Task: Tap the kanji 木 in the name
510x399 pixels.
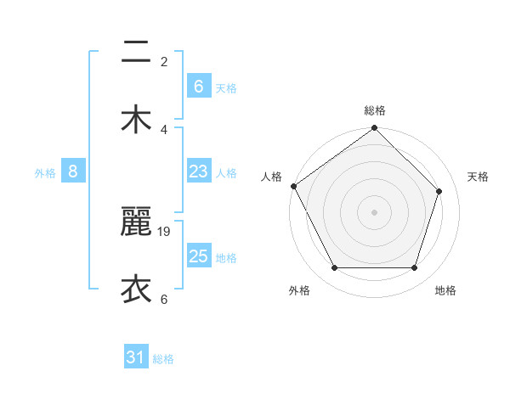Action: (x=136, y=120)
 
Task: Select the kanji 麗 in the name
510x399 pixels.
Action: (x=136, y=223)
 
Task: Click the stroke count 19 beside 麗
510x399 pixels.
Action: (x=166, y=231)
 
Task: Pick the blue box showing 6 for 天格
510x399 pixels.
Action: (x=198, y=87)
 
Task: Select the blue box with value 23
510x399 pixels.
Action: (x=198, y=171)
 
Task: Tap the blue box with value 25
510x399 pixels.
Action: (x=198, y=256)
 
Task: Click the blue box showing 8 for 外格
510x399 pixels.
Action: (x=73, y=171)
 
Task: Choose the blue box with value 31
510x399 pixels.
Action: (x=136, y=358)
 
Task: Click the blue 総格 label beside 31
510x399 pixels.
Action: (x=163, y=359)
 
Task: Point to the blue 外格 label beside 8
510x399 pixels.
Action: (x=45, y=172)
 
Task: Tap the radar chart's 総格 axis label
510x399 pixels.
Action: (x=375, y=110)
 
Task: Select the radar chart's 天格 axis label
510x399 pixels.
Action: (x=478, y=177)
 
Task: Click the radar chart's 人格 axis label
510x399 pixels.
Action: (x=271, y=177)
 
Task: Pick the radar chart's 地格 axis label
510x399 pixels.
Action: (x=445, y=290)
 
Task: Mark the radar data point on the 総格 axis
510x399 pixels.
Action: (x=375, y=129)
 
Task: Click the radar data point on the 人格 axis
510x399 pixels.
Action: (x=294, y=186)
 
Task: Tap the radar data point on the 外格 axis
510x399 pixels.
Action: (x=335, y=268)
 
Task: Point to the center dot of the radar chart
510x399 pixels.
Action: (x=375, y=212)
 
